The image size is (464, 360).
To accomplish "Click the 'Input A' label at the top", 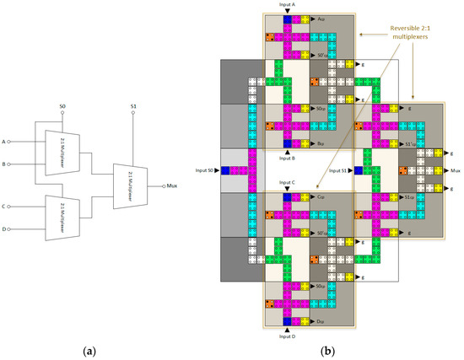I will (287, 4).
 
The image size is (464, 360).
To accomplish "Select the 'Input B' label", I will (287, 158).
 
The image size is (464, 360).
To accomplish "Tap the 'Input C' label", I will (287, 182).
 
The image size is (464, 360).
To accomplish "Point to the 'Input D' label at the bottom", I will (287, 336).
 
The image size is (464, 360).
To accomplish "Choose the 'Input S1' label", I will (338, 170).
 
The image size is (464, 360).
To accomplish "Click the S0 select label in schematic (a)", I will (62, 107).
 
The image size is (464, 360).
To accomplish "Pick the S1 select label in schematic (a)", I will (133, 107).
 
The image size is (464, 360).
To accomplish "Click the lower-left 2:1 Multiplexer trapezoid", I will (62, 215).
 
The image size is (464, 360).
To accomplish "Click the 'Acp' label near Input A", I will (322, 18).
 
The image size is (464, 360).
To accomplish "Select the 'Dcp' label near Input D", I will (322, 322).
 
